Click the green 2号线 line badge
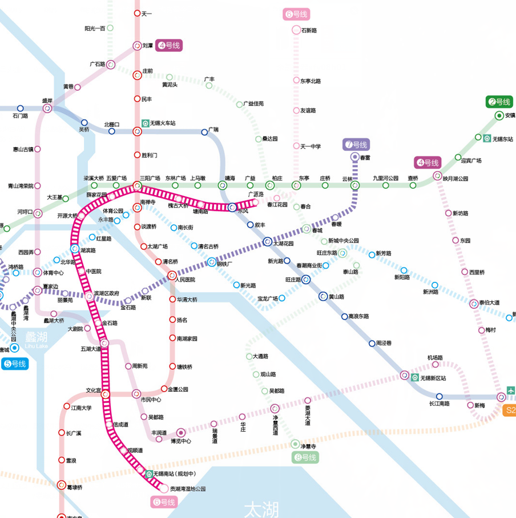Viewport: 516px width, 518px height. tap(499, 102)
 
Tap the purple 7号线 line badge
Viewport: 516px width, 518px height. tap(356, 144)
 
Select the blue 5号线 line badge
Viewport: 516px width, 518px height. tap(14, 364)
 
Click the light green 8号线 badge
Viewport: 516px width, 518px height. tap(306, 457)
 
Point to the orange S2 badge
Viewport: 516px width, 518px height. tap(509, 410)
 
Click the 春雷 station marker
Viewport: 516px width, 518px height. tap(355, 157)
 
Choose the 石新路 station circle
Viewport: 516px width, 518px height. tap(296, 30)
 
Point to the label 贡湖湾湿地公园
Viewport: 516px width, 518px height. tap(188, 489)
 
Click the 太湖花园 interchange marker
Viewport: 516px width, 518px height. tap(267, 242)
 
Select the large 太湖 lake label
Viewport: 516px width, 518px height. tap(261, 508)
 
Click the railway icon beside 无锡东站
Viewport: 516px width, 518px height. tap(487, 138)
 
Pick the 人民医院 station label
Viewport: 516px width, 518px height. tap(185, 280)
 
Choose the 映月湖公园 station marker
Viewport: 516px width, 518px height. tap(437, 176)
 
